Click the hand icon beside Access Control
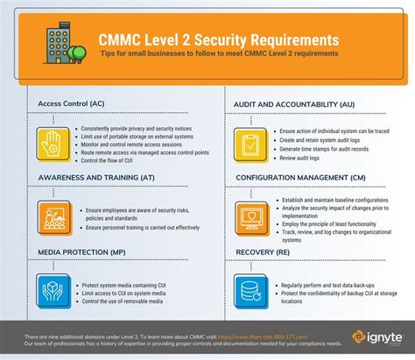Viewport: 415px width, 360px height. click(x=52, y=138)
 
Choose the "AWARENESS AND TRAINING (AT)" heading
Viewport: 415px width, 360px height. click(x=97, y=177)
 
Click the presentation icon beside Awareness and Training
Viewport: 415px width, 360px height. click(x=52, y=215)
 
